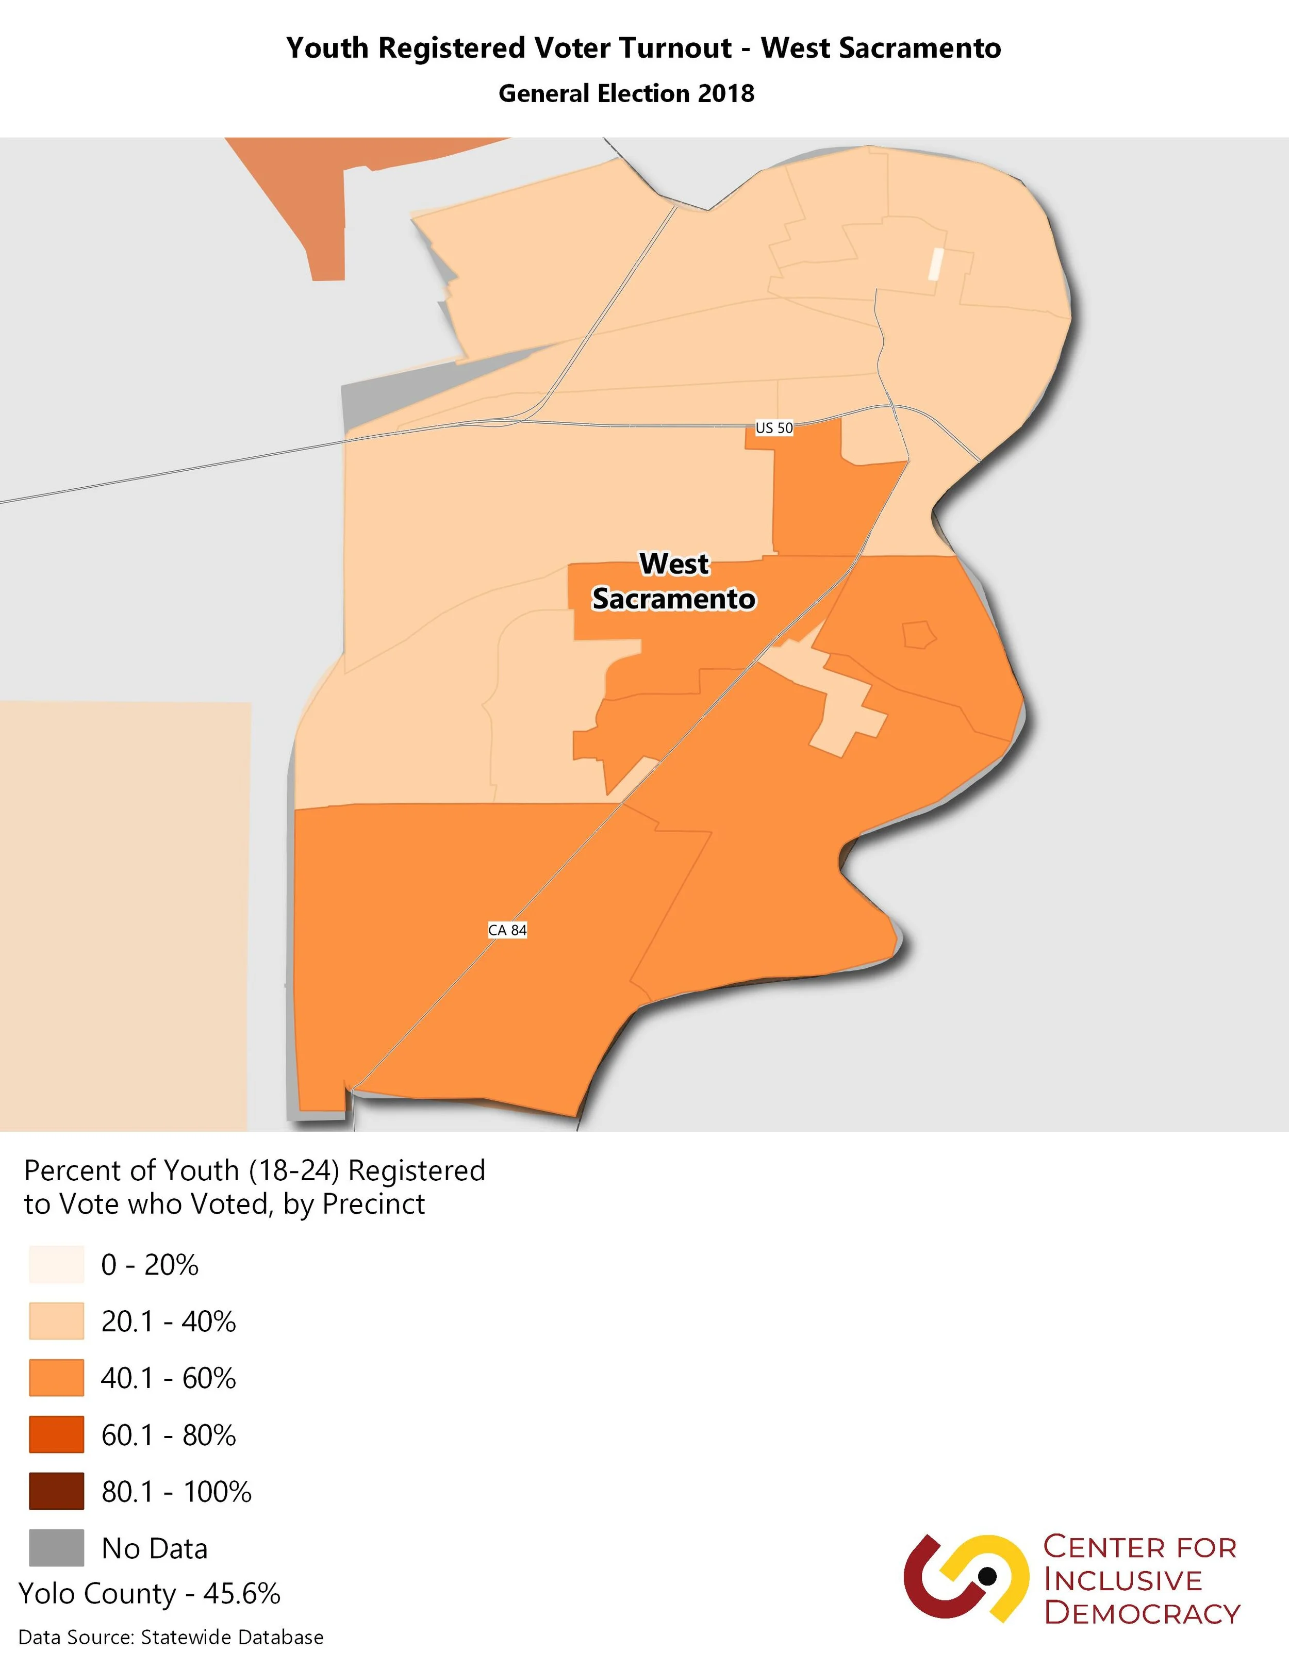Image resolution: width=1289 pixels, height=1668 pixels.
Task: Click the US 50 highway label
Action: (x=773, y=428)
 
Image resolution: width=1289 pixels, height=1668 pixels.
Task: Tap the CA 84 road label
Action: (x=507, y=930)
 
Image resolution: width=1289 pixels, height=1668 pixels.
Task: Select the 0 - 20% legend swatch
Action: (x=57, y=1265)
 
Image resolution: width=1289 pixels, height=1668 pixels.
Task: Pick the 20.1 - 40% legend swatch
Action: (x=57, y=1322)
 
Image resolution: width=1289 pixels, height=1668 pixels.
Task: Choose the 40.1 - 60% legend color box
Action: (x=57, y=1378)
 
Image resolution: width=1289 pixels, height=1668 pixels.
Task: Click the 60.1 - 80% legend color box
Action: (x=57, y=1435)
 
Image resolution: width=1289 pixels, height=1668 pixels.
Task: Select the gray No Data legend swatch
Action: (x=57, y=1548)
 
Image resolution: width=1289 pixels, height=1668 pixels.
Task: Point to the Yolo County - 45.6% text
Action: (x=150, y=1594)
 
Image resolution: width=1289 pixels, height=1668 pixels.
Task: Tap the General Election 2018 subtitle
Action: (x=626, y=93)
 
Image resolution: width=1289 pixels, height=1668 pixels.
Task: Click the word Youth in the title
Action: (x=327, y=48)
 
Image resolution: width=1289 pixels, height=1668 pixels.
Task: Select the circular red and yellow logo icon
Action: (x=965, y=1578)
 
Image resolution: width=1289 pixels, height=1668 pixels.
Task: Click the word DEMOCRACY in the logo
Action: (x=1142, y=1613)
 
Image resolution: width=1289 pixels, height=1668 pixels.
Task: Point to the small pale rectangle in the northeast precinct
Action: (x=935, y=265)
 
